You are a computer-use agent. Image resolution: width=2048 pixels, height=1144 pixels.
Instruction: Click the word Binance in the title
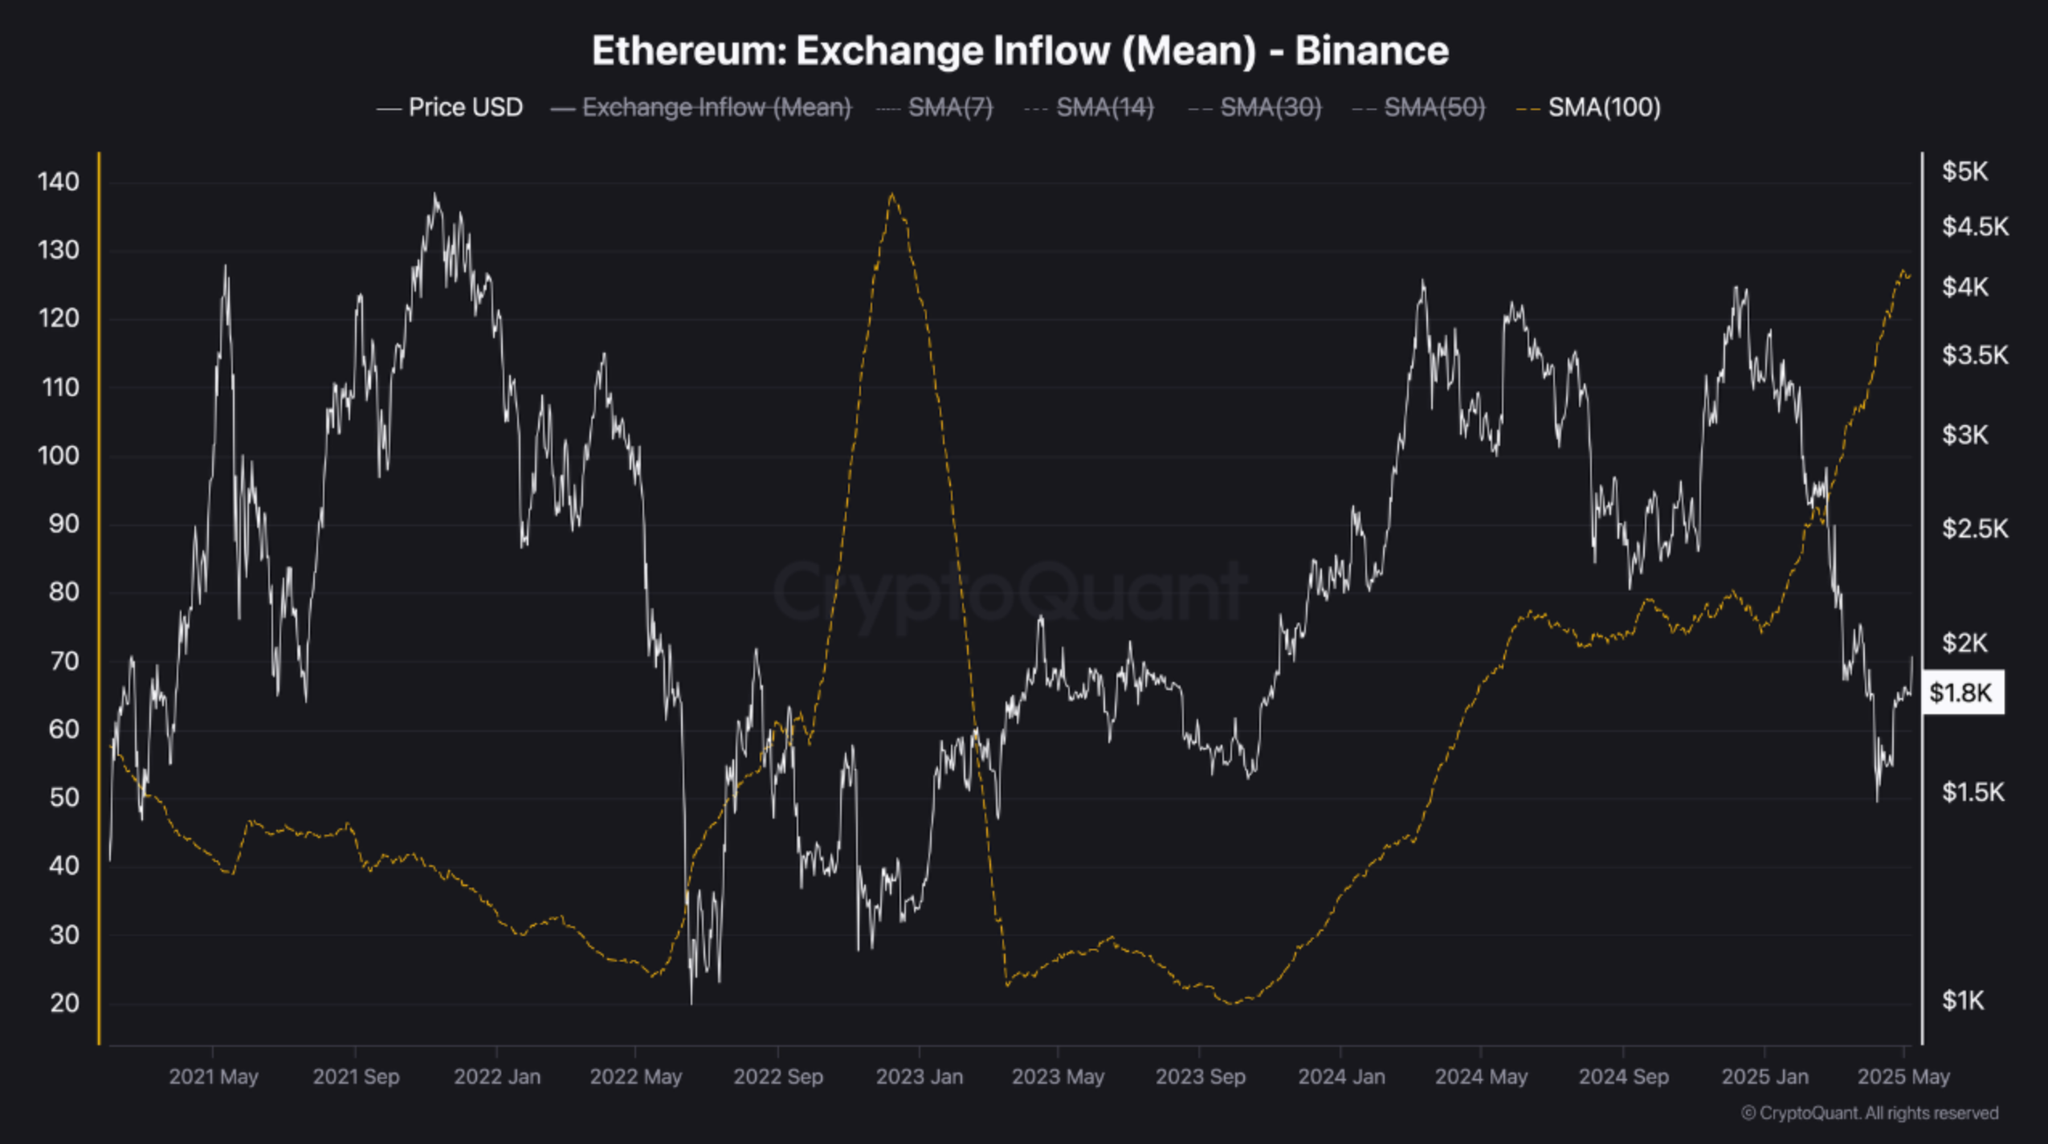tap(1371, 51)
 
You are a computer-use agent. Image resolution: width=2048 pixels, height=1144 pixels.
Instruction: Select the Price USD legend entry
tap(465, 107)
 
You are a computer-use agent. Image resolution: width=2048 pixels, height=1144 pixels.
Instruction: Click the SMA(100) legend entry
tap(1603, 107)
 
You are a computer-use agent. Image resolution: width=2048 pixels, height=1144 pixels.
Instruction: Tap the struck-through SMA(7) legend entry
tap(949, 107)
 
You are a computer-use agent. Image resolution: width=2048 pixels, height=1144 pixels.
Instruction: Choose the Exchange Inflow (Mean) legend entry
tap(716, 107)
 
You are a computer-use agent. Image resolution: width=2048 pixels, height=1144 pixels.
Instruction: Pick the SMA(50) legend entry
tap(1434, 107)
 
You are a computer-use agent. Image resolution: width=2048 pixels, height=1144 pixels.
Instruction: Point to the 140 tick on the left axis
tap(59, 182)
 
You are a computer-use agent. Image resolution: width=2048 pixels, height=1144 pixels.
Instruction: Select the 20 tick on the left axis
tap(63, 1003)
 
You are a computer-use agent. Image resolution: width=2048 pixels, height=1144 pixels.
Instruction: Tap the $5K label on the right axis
tap(1964, 171)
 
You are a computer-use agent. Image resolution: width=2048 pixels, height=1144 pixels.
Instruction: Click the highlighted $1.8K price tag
tap(1960, 693)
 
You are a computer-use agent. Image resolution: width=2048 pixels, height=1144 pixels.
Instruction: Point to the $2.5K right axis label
tap(1974, 529)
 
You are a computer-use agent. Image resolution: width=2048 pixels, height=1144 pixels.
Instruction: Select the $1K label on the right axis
tap(1962, 1000)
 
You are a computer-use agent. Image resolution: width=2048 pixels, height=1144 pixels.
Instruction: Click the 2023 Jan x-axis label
tap(919, 1077)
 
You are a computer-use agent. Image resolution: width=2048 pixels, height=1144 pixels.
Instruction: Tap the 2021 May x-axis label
tap(213, 1077)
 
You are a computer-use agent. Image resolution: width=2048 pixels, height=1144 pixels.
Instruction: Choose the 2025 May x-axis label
tap(1903, 1077)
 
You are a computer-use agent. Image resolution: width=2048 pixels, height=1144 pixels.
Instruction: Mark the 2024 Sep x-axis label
tap(1623, 1077)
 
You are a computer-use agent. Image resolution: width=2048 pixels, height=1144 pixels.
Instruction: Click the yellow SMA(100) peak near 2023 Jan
tap(891, 194)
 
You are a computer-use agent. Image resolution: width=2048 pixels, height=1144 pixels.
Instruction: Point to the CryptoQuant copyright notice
tap(1869, 1113)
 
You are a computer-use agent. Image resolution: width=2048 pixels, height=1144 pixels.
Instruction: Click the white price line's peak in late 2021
tap(434, 194)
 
